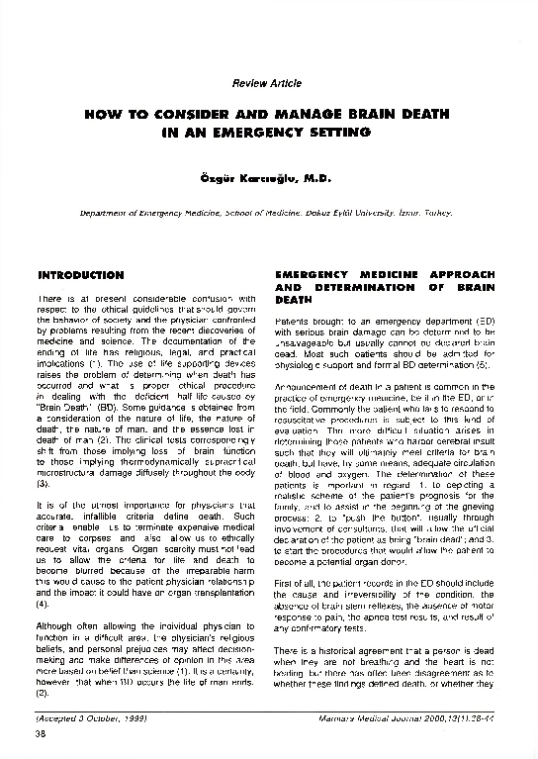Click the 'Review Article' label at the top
[266, 83]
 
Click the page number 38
[42, 733]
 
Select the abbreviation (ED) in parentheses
[485, 323]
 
